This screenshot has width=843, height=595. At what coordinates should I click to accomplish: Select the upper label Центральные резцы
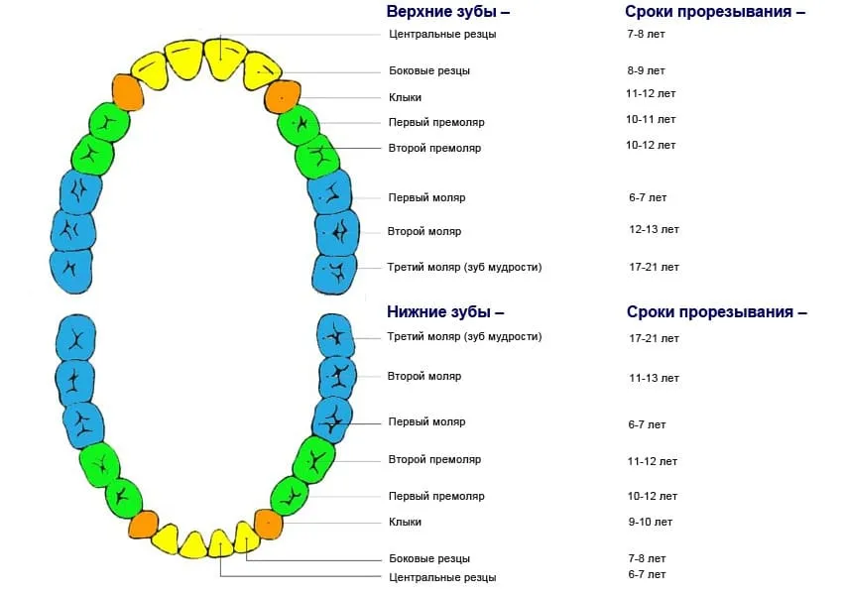pos(442,35)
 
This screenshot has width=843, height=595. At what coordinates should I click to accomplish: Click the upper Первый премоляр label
pos(436,123)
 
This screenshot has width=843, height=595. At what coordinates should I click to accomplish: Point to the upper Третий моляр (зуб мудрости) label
pos(464,267)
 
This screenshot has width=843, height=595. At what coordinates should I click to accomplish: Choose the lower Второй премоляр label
pos(434,459)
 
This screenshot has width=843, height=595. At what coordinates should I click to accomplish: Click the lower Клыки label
pos(405,522)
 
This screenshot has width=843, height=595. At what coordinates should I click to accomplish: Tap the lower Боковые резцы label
pos(429,559)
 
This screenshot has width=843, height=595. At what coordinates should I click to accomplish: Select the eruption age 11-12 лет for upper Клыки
pos(651,93)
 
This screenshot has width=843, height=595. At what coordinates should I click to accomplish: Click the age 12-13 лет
pos(654,229)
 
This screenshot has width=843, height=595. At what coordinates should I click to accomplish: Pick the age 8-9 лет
pos(646,71)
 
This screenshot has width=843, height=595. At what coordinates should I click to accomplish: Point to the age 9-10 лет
pos(650,522)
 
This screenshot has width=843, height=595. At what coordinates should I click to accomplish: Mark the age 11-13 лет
pos(654,379)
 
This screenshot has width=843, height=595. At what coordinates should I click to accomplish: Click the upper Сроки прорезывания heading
pos(715,12)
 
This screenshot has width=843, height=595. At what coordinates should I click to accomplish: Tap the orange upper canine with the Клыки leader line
pos(283,97)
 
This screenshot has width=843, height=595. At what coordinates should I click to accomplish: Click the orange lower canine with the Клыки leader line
pos(269,524)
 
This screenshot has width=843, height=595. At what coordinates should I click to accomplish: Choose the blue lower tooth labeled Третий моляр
pos(335,336)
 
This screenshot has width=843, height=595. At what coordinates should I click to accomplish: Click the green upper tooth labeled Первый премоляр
pos(299,126)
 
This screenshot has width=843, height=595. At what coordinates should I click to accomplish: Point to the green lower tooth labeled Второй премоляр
pos(314,460)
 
